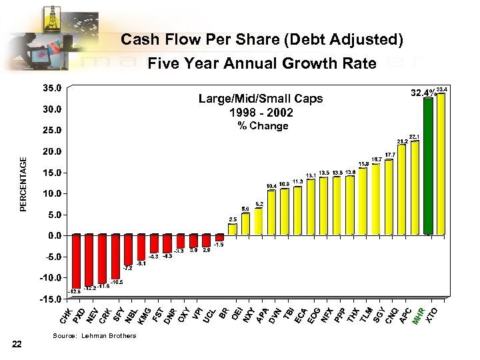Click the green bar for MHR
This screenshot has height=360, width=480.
click(428, 167)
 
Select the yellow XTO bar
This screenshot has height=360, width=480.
click(441, 164)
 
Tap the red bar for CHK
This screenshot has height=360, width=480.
click(76, 261)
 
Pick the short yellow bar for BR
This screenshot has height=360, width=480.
click(232, 229)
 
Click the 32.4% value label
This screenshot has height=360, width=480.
click(423, 93)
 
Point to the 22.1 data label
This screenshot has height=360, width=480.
click(414, 136)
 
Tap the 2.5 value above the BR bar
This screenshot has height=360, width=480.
click(233, 219)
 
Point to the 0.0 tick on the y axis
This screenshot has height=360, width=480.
click(54, 235)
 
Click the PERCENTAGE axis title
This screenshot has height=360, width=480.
click(24, 185)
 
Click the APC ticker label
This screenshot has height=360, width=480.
click(406, 315)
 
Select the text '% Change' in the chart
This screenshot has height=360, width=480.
click(263, 126)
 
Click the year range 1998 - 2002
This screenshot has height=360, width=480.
click(261, 111)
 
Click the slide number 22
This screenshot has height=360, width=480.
click(17, 343)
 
